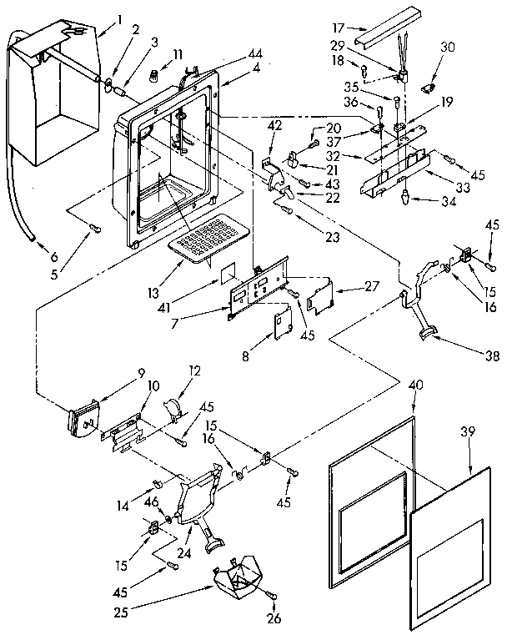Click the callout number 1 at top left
click(x=119, y=20)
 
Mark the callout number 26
click(x=273, y=618)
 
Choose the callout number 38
click(x=492, y=356)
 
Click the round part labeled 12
click(x=173, y=407)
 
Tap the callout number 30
click(x=449, y=48)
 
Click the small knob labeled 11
click(x=153, y=76)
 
